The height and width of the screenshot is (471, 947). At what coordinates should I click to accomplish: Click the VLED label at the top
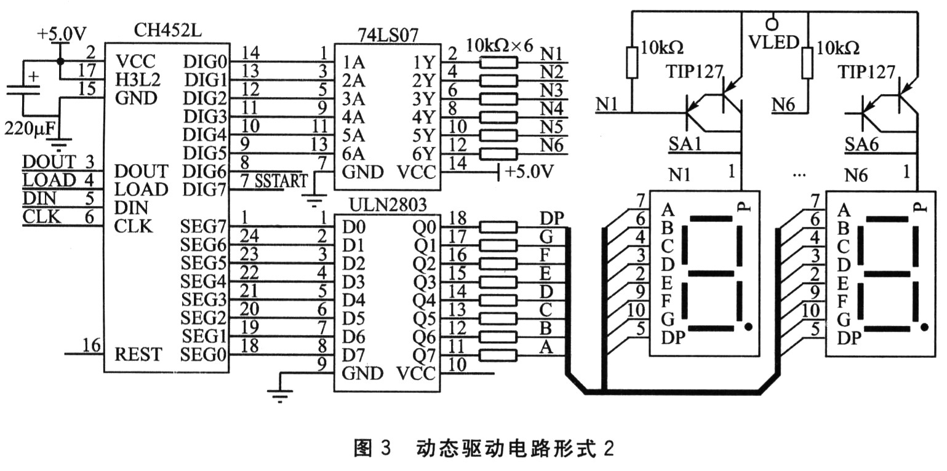[x=773, y=42]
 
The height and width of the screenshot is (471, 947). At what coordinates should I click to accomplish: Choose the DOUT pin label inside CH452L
[x=141, y=171]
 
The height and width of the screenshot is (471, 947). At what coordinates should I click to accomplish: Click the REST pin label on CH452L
[x=138, y=355]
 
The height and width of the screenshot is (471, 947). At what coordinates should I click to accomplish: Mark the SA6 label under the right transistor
[x=860, y=145]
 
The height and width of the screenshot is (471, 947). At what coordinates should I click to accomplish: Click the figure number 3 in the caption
[x=385, y=449]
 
